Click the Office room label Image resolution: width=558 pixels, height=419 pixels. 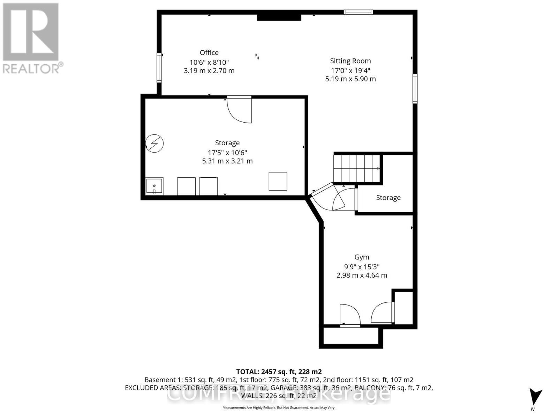coord(209,53)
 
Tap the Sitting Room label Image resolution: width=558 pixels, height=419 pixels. coord(350,61)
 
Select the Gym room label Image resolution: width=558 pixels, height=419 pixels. coord(362,257)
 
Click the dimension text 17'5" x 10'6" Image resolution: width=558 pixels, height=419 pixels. coord(227,153)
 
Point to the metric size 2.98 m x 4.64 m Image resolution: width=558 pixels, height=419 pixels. coord(362,275)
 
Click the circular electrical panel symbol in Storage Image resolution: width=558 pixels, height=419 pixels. coord(154,143)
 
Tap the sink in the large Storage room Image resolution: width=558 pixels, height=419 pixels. coord(154,186)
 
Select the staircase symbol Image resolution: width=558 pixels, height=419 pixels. coord(357,169)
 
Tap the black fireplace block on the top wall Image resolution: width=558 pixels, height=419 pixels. coord(279,17)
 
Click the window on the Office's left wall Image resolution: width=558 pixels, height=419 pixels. coord(159,67)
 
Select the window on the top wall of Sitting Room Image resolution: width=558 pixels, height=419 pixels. coord(358,12)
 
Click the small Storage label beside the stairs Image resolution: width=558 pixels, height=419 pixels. coord(388,198)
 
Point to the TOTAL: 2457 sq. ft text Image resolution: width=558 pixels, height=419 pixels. coord(279,372)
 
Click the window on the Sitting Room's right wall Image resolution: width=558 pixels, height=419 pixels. coord(415,89)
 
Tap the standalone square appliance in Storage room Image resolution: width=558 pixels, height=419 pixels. coord(278,181)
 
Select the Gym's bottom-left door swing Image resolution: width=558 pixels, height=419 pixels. coord(349,315)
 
